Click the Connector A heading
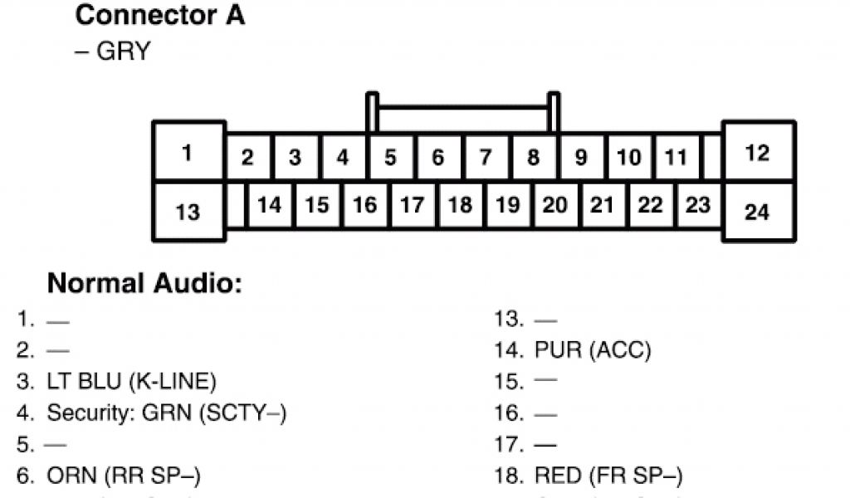[x=159, y=15]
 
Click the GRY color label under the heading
[x=115, y=51]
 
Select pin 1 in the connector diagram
[x=188, y=153]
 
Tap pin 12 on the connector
[x=757, y=153]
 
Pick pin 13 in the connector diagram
[x=188, y=212]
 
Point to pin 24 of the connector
[x=757, y=212]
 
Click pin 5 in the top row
[x=390, y=157]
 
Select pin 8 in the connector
[x=534, y=157]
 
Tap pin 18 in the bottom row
[x=460, y=204]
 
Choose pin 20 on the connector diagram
[x=554, y=204]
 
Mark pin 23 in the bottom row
[x=698, y=204]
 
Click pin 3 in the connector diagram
[x=295, y=157]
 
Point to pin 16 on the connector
[x=364, y=204]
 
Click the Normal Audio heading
[x=144, y=284]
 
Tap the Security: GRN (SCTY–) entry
[x=166, y=413]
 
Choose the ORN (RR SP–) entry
[x=123, y=476]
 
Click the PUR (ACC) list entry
[x=593, y=349]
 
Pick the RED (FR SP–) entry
[x=608, y=476]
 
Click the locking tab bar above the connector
[x=462, y=107]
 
